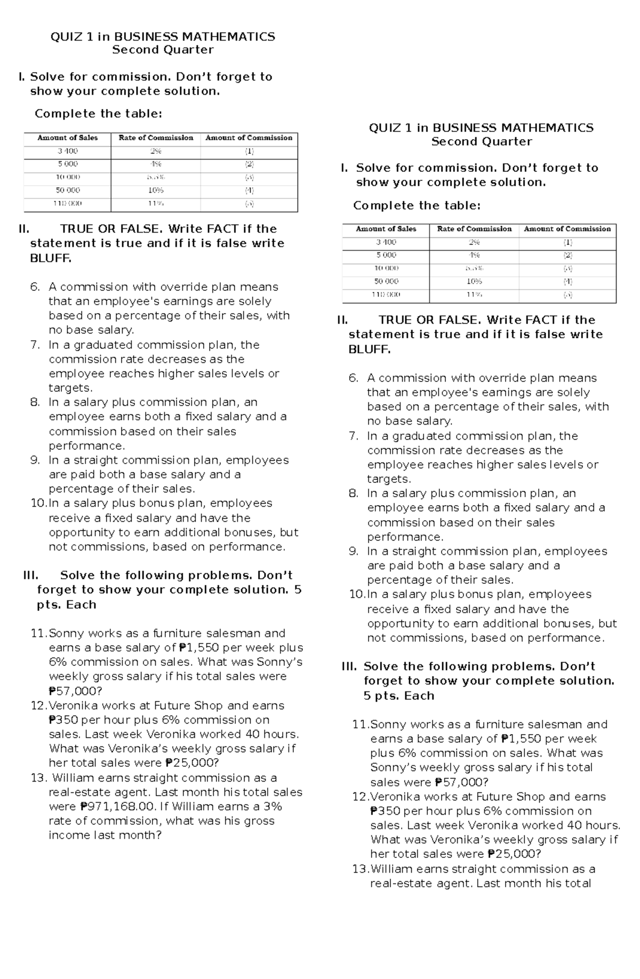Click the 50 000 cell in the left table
(x=68, y=190)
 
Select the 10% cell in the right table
(x=474, y=282)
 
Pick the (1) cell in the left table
(x=249, y=152)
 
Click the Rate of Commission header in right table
(x=474, y=229)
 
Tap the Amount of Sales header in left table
(x=68, y=138)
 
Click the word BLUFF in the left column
(x=50, y=259)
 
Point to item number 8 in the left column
(x=35, y=402)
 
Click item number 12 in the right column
(x=361, y=797)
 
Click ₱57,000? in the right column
(x=461, y=782)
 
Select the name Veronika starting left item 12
(x=70, y=705)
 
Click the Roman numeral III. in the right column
(x=349, y=666)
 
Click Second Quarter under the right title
(x=481, y=142)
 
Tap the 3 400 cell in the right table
(x=386, y=242)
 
